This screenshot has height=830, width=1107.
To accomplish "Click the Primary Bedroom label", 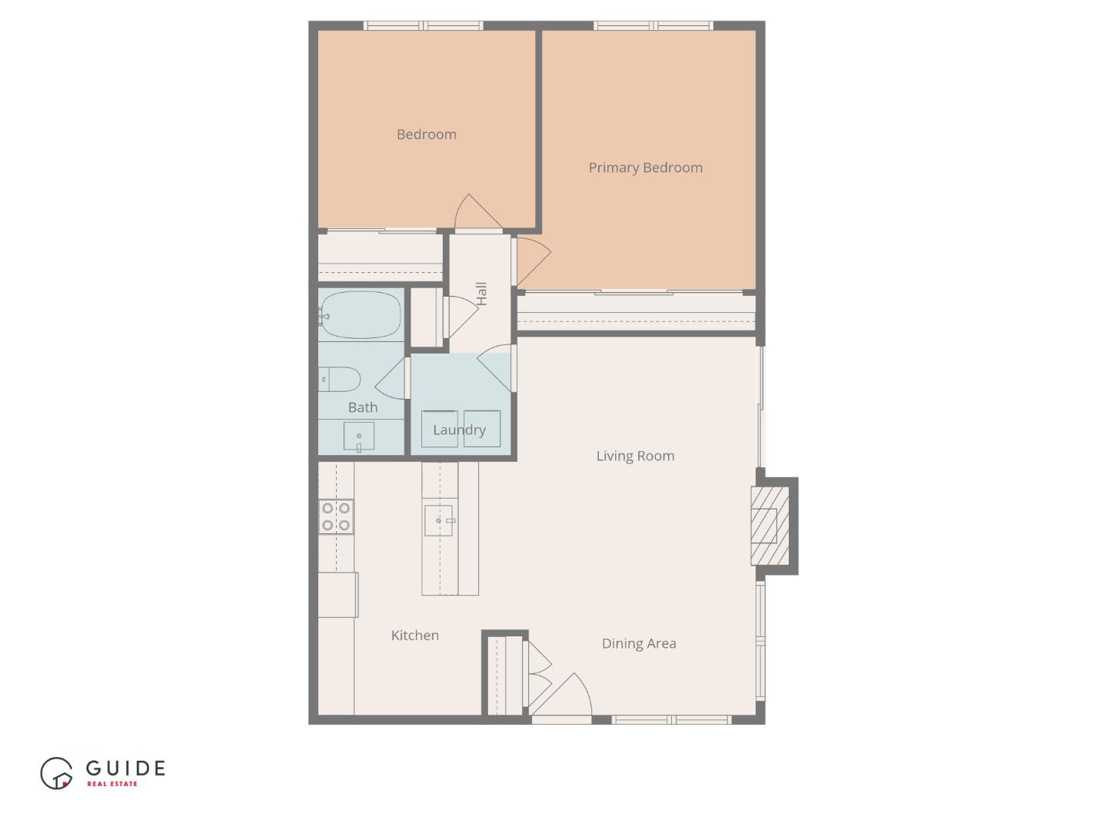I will (x=645, y=168).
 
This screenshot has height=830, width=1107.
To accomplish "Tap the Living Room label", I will (x=635, y=456).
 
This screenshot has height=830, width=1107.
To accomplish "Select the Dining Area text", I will (x=639, y=643).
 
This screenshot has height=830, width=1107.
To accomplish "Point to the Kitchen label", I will (x=415, y=635).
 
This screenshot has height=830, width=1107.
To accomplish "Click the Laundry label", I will (x=459, y=430).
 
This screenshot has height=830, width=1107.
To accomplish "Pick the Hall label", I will (x=481, y=294).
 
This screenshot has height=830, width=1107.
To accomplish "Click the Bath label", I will (x=363, y=407).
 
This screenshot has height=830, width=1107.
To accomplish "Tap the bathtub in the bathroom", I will (x=361, y=315).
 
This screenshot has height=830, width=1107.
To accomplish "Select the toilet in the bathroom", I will (x=341, y=379).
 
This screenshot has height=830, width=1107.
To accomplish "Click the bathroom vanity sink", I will (x=358, y=437).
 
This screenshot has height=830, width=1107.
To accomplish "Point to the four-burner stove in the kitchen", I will (x=336, y=516).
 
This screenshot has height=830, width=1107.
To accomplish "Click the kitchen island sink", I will (x=441, y=520).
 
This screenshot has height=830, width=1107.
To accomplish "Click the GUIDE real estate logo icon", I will (x=56, y=773).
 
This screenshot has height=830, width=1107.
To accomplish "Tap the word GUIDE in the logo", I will (x=125, y=768).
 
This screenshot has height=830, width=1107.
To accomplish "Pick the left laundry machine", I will (x=440, y=430).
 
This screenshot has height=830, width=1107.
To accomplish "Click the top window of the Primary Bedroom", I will (x=653, y=26).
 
